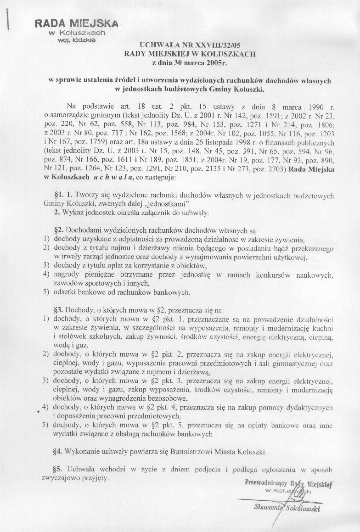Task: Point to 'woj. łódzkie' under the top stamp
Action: (76, 40)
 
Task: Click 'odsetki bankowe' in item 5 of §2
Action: (79, 292)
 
